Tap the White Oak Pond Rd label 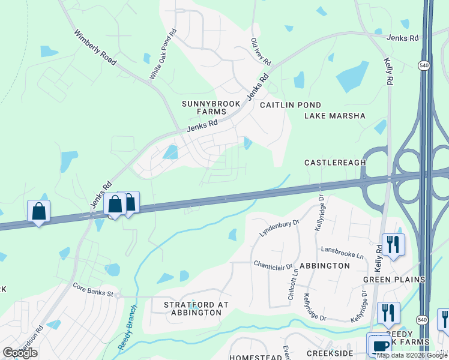[x=163, y=53]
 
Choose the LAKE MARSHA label [x=335, y=116]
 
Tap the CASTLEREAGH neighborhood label [x=336, y=163]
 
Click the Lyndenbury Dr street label [x=279, y=228]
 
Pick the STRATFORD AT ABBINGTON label [x=196, y=308]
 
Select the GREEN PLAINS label [x=394, y=280]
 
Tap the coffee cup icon [x=379, y=346]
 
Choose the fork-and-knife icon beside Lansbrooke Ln [x=393, y=244]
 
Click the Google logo [x=20, y=353]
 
